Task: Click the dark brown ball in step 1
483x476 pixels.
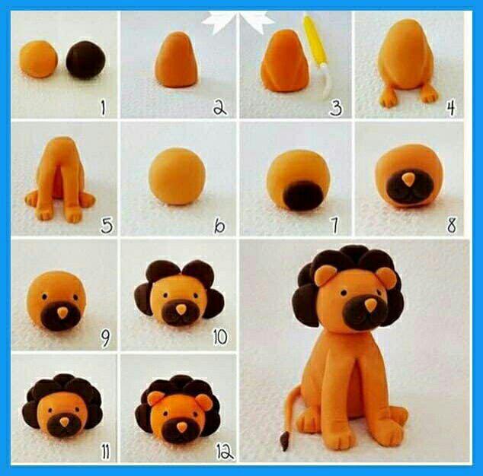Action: coord(85,60)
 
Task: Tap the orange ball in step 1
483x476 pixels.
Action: coord(39,59)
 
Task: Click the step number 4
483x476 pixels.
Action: coord(450,107)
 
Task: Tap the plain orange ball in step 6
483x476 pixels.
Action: coord(177,176)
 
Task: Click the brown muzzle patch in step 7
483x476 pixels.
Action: coord(302,195)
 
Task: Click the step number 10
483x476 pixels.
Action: coord(221,338)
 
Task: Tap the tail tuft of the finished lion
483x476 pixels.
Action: coord(283,441)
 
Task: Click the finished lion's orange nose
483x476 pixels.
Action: coord(370,304)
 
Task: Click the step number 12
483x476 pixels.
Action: coord(225,452)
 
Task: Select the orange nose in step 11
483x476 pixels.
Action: coord(65,423)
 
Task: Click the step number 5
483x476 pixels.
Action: coord(107,225)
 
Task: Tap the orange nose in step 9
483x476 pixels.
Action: coord(62,313)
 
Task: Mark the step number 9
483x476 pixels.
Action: coord(105,339)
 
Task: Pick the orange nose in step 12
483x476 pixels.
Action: coord(182,426)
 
